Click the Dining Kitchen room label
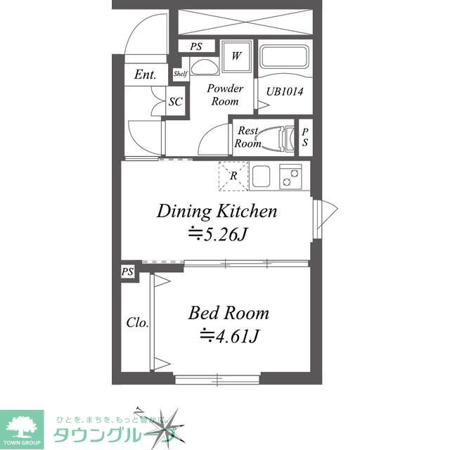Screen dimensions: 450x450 click(217, 210)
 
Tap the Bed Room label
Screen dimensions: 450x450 click(228, 312)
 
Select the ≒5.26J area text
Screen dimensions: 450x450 click(217, 233)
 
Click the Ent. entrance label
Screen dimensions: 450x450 click(146, 75)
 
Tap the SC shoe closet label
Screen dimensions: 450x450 click(175, 102)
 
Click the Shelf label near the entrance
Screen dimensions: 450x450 click(179, 73)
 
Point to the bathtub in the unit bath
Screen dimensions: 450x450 click(285, 58)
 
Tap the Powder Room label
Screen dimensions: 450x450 click(225, 94)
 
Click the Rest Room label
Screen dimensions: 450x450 click(248, 137)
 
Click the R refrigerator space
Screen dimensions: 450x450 click(233, 176)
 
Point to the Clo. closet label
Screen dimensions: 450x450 click(137, 323)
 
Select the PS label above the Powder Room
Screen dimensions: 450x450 click(196, 46)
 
